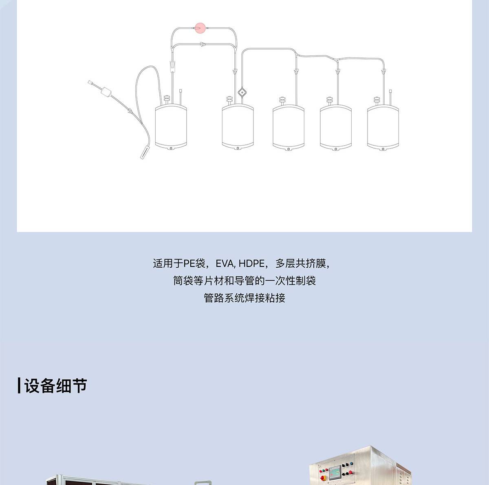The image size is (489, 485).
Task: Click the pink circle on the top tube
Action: (x=200, y=28)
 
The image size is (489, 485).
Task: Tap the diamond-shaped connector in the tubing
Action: (x=242, y=92)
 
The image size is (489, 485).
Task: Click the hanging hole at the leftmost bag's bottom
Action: (x=171, y=148)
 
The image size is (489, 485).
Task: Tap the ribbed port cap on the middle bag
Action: (x=282, y=100)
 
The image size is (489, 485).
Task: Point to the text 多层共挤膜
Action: (x=300, y=264)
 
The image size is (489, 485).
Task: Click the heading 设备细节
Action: (x=55, y=386)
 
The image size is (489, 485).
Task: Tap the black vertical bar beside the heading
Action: (x=19, y=385)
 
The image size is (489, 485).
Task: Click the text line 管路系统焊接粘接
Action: (x=244, y=298)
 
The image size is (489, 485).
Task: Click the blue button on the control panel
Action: (x=351, y=463)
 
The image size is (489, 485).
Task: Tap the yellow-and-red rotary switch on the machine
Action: (x=323, y=478)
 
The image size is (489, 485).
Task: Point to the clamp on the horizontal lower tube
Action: (x=203, y=45)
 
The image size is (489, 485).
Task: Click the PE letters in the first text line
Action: (x=189, y=264)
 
